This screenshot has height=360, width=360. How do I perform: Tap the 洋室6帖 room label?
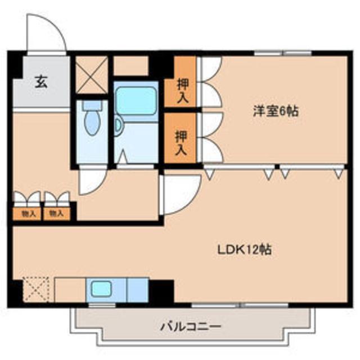pos(274,111)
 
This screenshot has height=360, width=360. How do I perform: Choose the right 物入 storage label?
pos(56,214)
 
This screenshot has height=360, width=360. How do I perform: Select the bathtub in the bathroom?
pos(135,101)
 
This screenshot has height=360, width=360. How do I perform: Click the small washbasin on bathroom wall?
pos(119,127)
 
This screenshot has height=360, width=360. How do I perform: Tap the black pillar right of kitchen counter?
pos(161,291)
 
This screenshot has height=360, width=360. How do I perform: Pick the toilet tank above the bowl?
pos(90,105)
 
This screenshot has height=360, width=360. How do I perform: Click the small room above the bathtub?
pos(131,66)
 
